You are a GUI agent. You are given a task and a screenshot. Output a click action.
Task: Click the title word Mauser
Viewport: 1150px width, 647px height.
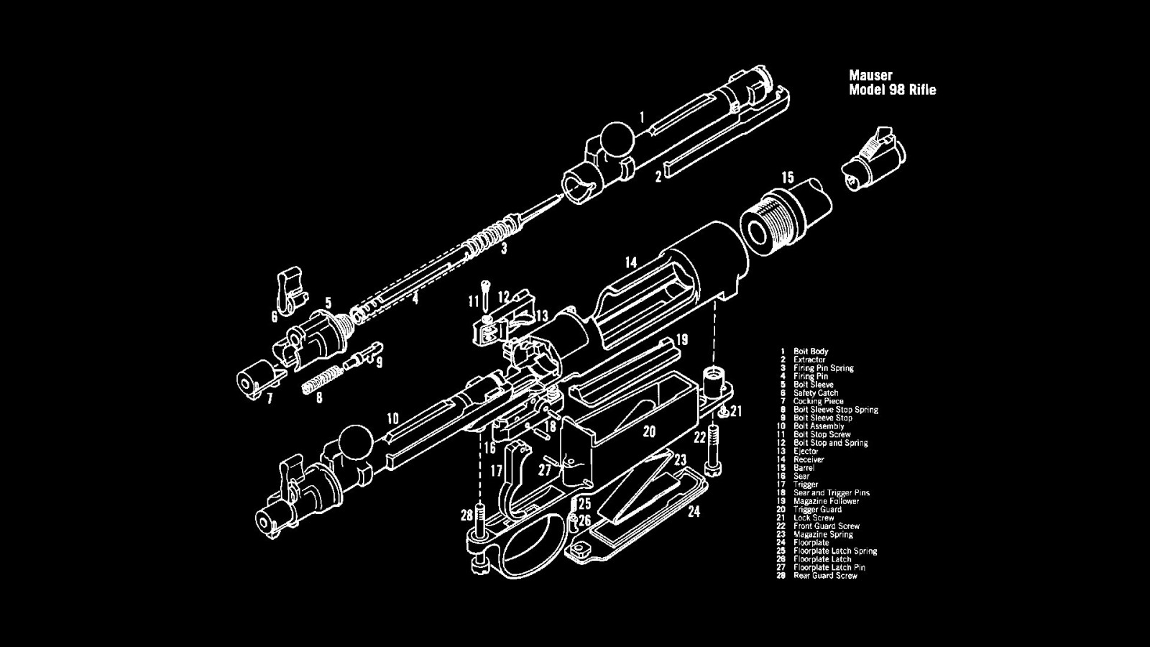(870, 75)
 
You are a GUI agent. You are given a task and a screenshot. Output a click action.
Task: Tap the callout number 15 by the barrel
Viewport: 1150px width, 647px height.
(788, 177)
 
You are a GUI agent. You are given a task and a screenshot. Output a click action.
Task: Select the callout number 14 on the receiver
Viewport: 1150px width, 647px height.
(630, 262)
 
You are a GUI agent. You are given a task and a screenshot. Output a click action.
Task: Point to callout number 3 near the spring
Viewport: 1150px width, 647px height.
(504, 249)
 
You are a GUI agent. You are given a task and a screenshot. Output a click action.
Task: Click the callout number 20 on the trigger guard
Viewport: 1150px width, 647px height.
(649, 431)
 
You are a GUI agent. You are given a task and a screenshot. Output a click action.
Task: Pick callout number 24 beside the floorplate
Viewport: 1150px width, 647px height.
(694, 512)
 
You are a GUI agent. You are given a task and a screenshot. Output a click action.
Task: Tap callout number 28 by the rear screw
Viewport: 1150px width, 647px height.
(467, 515)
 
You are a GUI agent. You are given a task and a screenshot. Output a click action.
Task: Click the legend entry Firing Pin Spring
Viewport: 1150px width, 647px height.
(823, 368)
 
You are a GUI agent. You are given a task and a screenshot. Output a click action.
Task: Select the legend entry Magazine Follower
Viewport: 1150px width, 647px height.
(826, 501)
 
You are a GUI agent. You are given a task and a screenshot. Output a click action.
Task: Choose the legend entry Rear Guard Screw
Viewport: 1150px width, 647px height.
(825, 576)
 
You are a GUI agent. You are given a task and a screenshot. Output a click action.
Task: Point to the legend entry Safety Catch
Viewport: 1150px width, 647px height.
(816, 393)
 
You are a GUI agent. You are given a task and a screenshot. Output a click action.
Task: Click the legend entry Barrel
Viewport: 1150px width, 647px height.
(804, 468)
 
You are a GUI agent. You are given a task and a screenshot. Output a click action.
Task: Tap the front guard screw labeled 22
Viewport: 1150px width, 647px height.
(713, 449)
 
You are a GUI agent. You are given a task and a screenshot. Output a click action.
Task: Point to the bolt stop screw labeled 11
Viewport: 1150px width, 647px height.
(487, 290)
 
